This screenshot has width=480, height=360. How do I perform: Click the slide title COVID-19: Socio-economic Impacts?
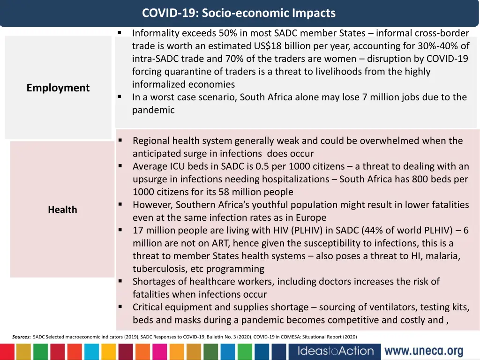(x=239, y=13)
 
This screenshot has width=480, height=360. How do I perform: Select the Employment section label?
(x=58, y=88)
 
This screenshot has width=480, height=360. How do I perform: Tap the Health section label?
(x=62, y=210)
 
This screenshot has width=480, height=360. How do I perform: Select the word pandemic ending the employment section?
(x=153, y=110)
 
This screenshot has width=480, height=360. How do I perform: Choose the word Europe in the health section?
(x=311, y=217)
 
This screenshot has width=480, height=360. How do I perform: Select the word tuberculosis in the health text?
(x=159, y=269)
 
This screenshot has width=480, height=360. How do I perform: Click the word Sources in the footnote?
(x=21, y=337)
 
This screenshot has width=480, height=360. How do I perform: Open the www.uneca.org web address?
(x=424, y=351)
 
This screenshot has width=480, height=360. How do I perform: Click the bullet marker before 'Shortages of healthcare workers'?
(x=120, y=281)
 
